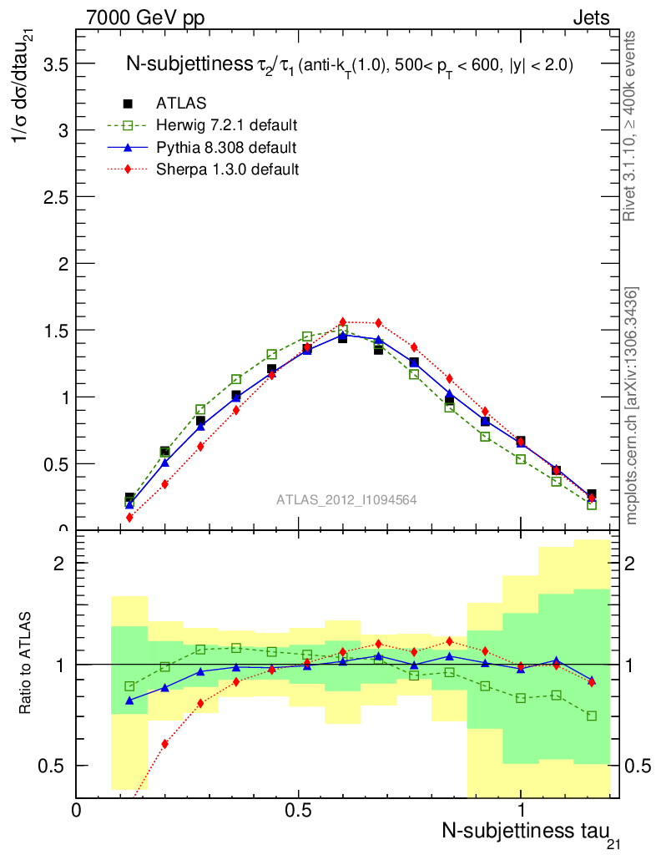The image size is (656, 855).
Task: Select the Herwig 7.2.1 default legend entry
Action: (226, 125)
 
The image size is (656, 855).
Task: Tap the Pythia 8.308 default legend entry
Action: (225, 147)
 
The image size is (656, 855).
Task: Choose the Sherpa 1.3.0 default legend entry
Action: (227, 169)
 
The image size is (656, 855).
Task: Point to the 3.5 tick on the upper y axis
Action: (54, 63)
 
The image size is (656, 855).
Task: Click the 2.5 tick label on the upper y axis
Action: (54, 197)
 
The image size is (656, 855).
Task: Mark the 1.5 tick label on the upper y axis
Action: (54, 331)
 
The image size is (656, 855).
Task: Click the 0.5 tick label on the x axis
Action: (298, 809)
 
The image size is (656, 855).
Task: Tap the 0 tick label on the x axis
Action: (77, 809)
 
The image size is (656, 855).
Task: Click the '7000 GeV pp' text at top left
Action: (145, 18)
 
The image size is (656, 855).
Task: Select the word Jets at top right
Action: (590, 18)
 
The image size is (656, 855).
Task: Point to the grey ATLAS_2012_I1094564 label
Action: (346, 499)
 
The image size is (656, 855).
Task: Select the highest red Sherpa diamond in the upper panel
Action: (342, 321)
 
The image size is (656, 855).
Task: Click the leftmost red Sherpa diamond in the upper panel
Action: (129, 518)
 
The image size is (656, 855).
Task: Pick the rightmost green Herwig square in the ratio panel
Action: (592, 716)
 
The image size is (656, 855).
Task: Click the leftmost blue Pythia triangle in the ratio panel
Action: (129, 701)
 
